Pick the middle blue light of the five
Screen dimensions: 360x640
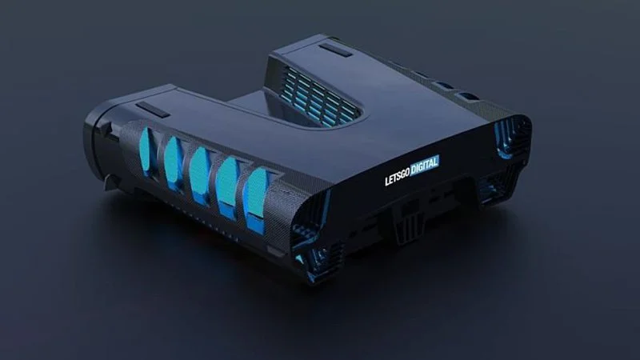[199, 171]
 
